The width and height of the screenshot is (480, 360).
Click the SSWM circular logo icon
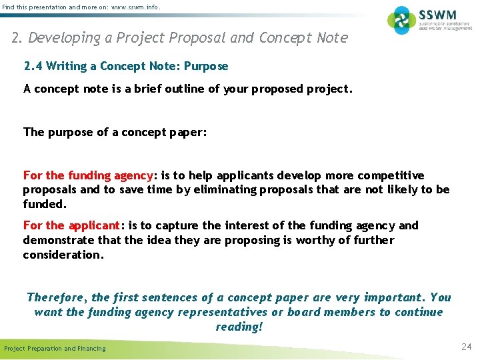[x=402, y=20]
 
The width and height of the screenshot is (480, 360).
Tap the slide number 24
[x=466, y=347]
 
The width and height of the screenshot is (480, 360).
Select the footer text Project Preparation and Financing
[x=55, y=349]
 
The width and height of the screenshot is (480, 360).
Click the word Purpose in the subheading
[x=207, y=67]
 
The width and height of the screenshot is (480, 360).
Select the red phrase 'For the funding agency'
[x=88, y=176]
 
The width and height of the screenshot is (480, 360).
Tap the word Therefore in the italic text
[x=56, y=298]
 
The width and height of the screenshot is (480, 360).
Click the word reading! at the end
[x=239, y=327]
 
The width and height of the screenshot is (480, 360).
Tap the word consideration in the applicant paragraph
[x=63, y=255]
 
